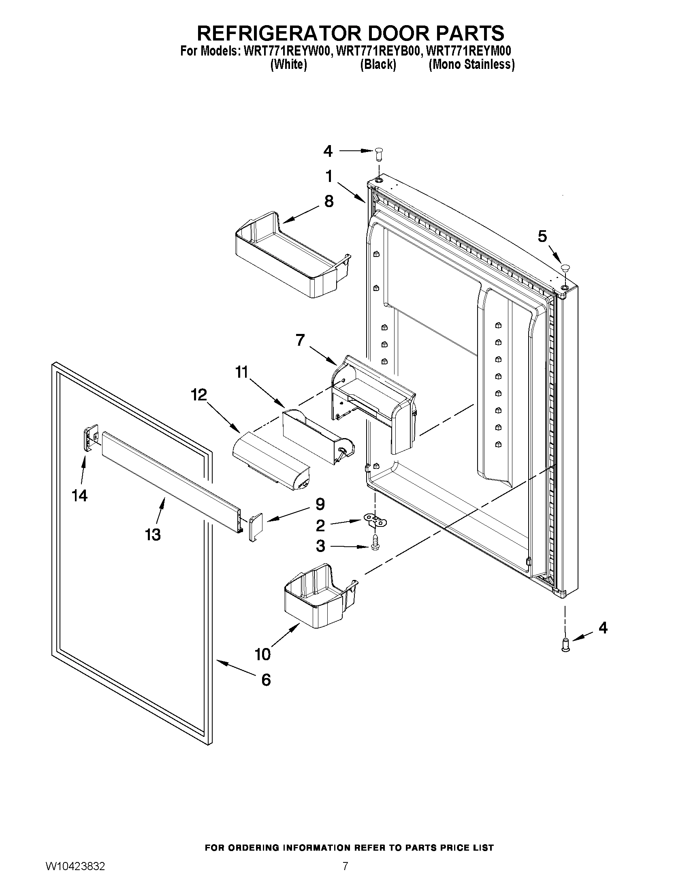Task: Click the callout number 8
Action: pyautogui.click(x=329, y=201)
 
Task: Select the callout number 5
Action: pyautogui.click(x=542, y=236)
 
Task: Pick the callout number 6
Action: pyautogui.click(x=266, y=680)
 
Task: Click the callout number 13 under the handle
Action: pyautogui.click(x=153, y=534)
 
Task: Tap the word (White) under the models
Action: pyautogui.click(x=288, y=64)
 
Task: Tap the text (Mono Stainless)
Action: pyautogui.click(x=471, y=64)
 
